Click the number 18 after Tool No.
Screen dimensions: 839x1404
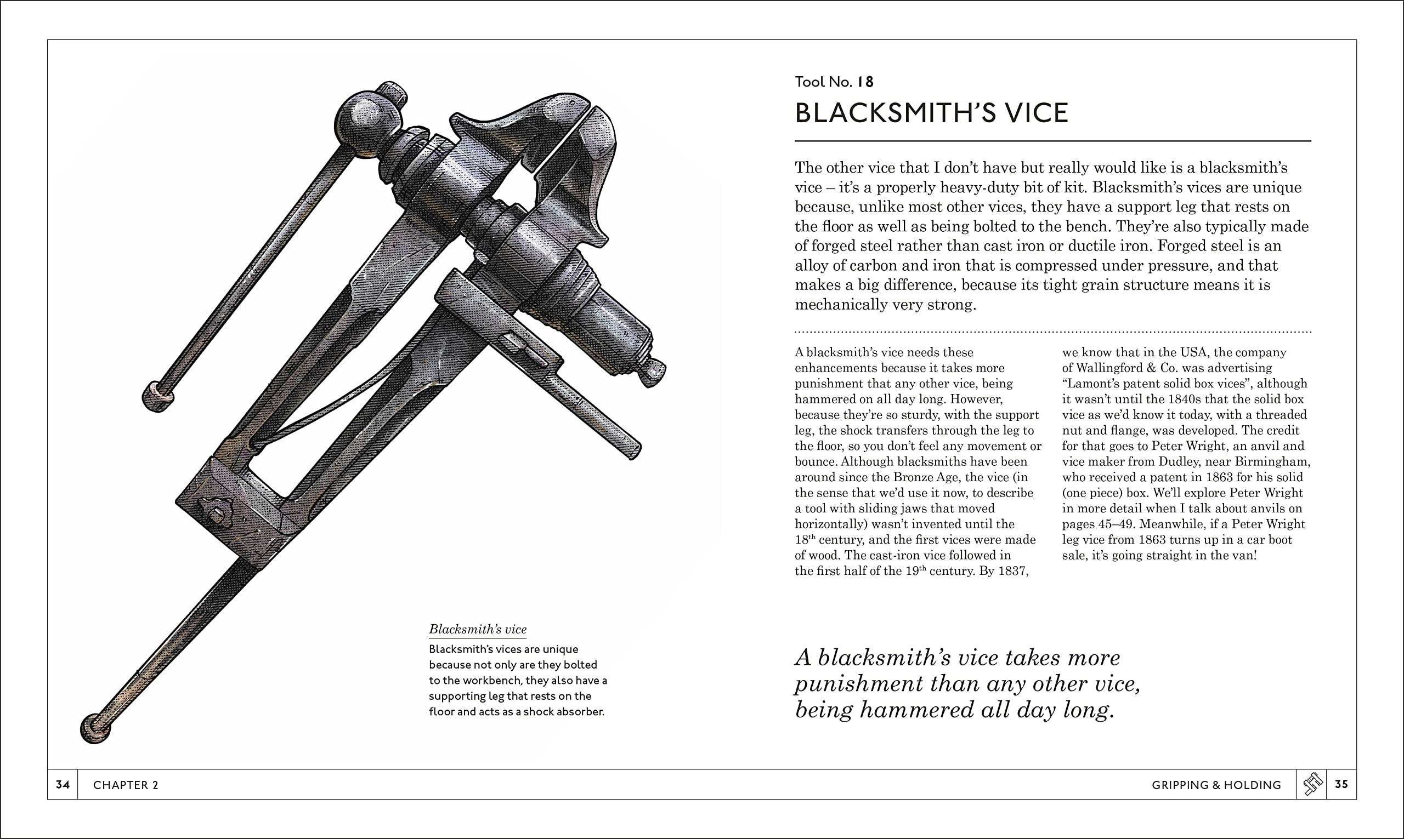coord(865,83)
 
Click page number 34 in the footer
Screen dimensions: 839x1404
coord(63,784)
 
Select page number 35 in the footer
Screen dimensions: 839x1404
coord(1341,784)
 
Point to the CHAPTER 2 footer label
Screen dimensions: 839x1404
coord(126,785)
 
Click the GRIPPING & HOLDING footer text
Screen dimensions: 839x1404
coord(1216,785)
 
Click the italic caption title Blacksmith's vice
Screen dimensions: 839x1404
coord(478,629)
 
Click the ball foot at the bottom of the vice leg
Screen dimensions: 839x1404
coord(94,729)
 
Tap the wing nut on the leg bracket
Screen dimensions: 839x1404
coord(217,510)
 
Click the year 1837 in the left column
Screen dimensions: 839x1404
coord(1013,571)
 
